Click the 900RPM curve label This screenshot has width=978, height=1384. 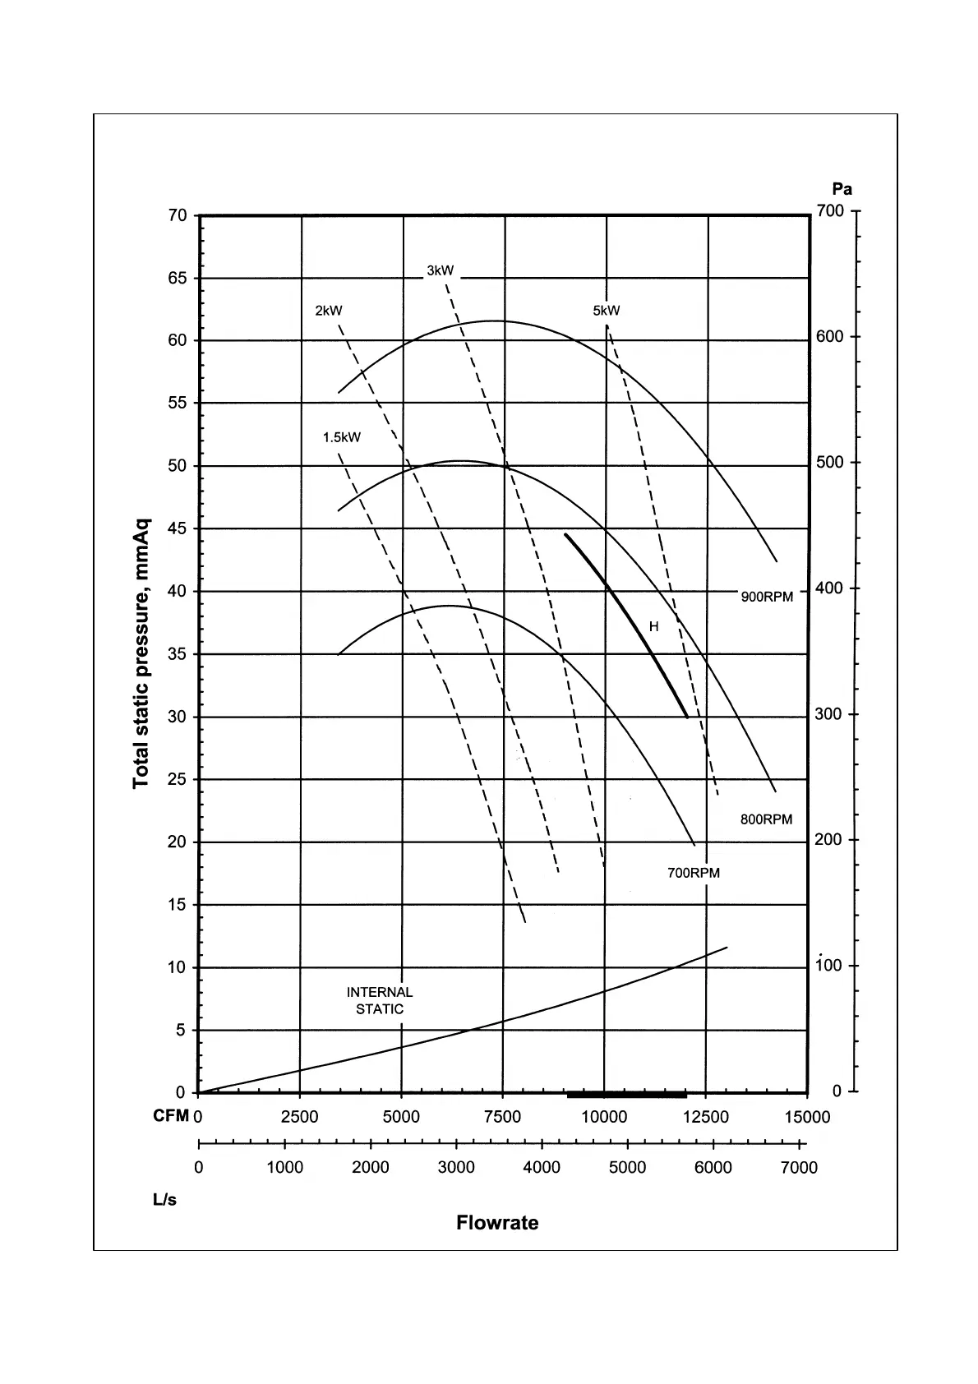[767, 597]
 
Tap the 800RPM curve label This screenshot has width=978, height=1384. [766, 819]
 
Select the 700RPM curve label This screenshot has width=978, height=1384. [693, 873]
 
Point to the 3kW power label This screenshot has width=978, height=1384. [440, 270]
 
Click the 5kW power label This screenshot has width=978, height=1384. [607, 311]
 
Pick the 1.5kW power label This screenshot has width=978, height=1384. [341, 437]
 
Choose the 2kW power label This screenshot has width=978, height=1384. [329, 311]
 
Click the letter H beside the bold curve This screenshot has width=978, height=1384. [653, 627]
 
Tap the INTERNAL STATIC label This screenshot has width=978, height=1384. [380, 1001]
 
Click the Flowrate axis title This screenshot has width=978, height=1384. [497, 1223]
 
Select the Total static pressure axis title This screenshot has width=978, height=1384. [141, 653]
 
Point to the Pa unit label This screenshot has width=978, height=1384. [842, 189]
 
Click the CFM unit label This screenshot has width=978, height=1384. [171, 1116]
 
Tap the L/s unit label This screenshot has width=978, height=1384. [164, 1200]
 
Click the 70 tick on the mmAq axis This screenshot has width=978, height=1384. [178, 215]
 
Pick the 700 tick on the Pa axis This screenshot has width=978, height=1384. [830, 211]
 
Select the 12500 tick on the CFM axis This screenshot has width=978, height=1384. [706, 1117]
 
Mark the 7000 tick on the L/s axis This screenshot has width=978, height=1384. [798, 1168]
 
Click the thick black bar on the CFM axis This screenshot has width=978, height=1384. [626, 1095]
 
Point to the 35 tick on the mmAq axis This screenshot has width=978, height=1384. [178, 654]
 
